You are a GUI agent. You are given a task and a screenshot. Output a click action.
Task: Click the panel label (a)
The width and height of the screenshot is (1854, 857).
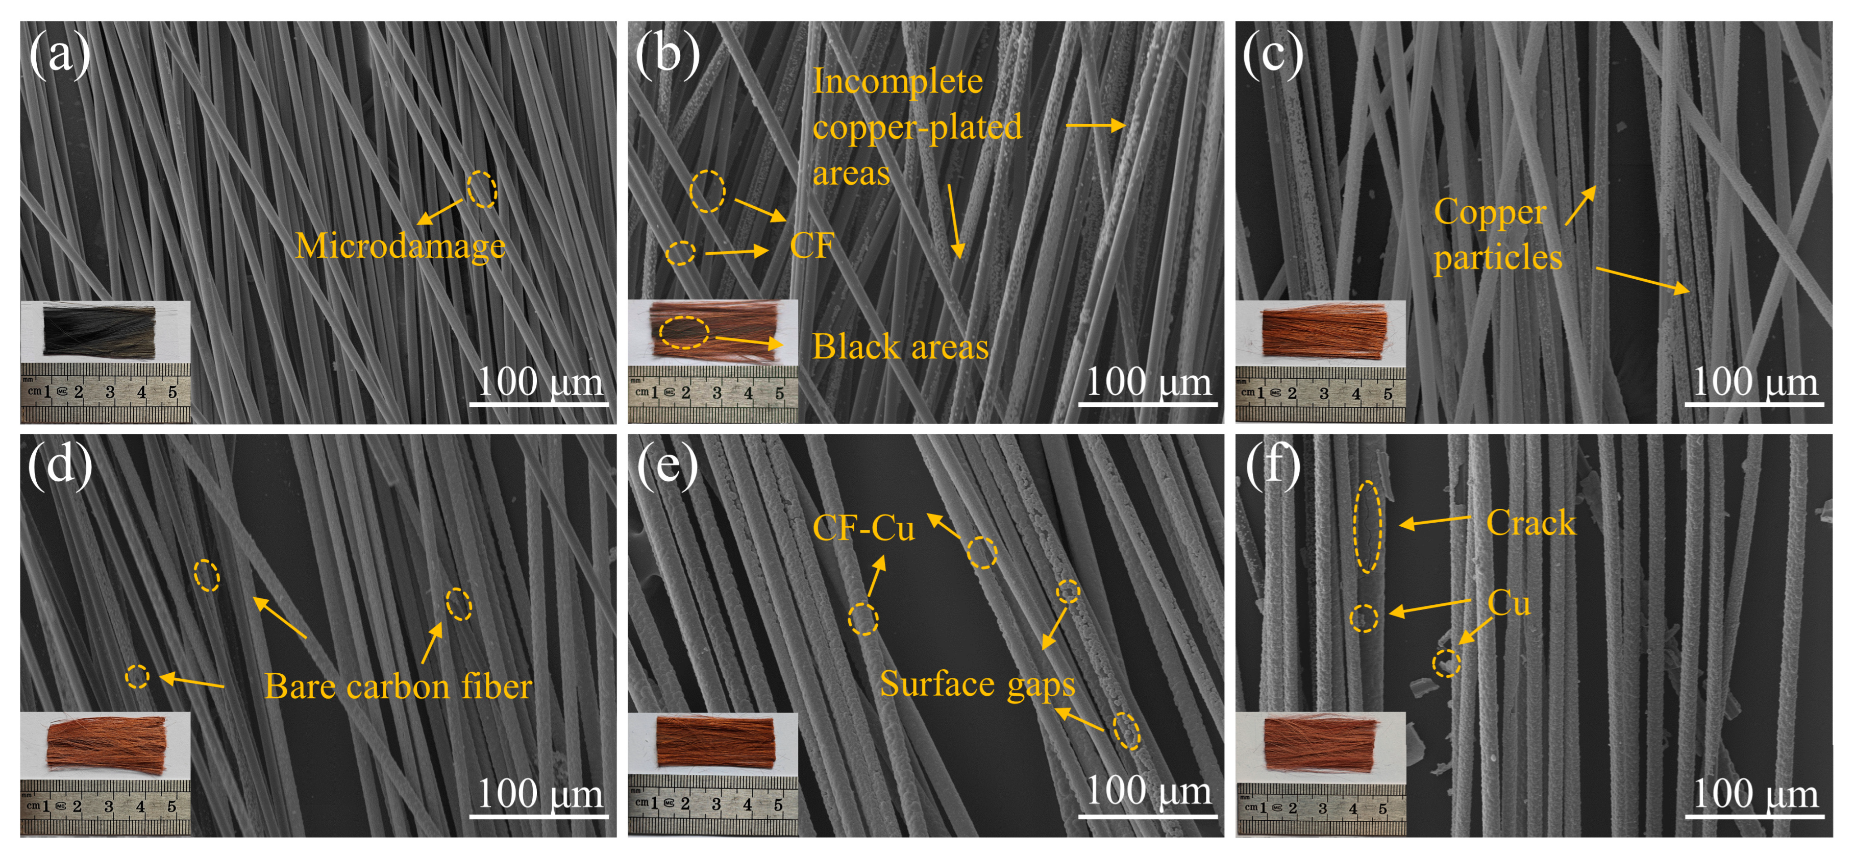[60, 55]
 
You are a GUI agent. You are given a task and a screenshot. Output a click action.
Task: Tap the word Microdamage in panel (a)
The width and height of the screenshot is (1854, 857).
[400, 246]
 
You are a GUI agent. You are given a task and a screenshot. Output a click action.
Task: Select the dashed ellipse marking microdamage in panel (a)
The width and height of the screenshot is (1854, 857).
[482, 190]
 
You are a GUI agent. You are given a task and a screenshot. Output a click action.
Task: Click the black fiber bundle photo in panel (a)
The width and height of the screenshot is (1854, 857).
[100, 331]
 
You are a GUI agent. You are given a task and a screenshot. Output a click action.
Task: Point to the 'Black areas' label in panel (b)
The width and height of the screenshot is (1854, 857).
[900, 347]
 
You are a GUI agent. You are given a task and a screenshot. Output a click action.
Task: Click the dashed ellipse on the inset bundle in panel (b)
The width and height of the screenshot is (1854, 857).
[684, 332]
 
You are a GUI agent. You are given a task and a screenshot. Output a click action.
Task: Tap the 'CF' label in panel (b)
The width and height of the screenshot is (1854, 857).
[812, 246]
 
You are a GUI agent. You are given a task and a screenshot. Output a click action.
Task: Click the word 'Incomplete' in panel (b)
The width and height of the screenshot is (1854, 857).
[898, 81]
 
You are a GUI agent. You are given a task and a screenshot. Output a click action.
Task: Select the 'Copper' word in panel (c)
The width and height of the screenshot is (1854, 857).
[1490, 212]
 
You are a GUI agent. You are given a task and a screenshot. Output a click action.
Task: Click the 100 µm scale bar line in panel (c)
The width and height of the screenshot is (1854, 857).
[1753, 404]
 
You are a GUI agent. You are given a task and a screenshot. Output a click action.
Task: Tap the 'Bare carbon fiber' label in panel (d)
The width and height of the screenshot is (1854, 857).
[398, 687]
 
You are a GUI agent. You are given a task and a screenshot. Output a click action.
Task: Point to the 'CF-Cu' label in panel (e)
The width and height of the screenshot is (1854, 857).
[863, 529]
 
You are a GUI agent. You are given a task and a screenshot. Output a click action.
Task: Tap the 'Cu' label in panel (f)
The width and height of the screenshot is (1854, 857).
[1509, 603]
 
